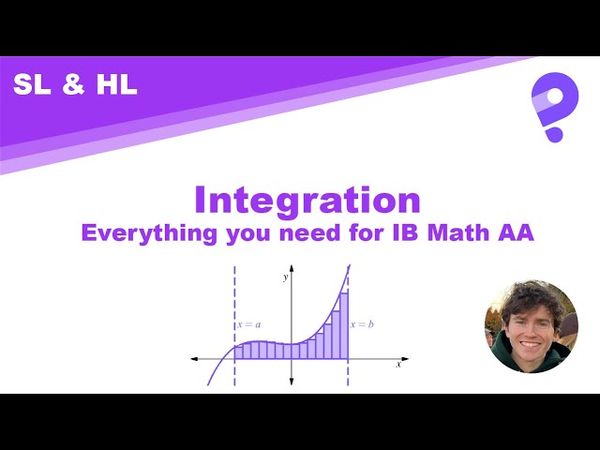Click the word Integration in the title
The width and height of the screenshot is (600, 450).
click(x=307, y=201)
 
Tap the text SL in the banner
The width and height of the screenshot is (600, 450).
click(x=34, y=85)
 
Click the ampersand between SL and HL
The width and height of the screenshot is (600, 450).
click(x=74, y=85)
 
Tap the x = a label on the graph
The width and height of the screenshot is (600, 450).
click(x=248, y=324)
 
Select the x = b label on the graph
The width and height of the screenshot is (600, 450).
click(x=363, y=324)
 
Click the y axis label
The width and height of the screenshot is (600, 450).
click(x=284, y=277)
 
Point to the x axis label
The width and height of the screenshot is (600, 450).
click(x=398, y=365)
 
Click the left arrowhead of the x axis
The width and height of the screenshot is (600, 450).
click(x=193, y=358)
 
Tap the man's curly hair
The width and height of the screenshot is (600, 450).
click(x=530, y=298)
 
